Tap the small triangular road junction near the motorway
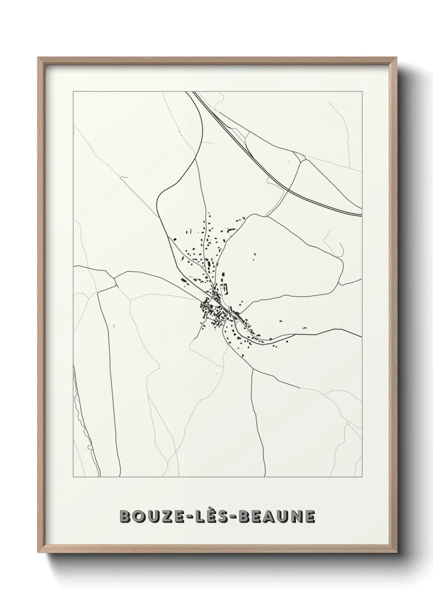[300, 158]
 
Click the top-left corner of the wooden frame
[38, 58]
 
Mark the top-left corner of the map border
[73, 92]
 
